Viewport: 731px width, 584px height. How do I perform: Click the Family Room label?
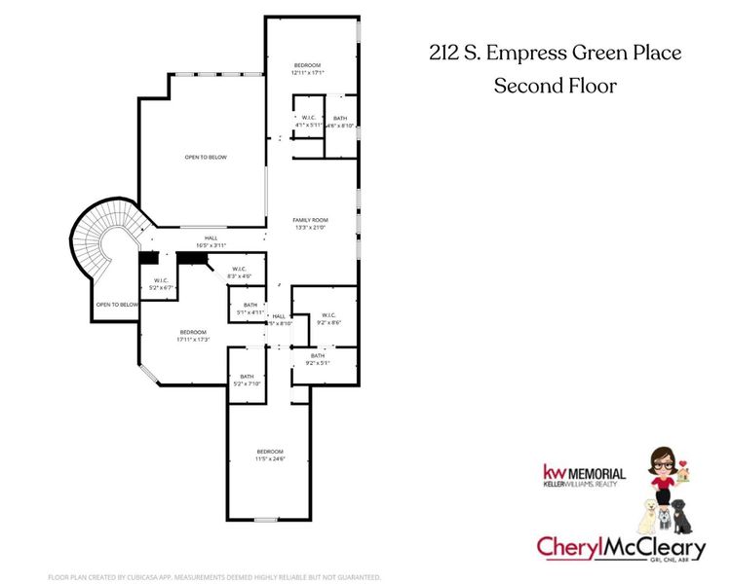310,220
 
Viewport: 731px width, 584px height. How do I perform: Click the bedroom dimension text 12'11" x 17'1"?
307,72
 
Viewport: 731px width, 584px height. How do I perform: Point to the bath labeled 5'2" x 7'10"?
247,380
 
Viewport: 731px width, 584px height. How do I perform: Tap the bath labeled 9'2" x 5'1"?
318,359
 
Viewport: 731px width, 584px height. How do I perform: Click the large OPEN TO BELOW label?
206,157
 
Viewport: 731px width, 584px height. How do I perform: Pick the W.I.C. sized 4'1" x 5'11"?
308,122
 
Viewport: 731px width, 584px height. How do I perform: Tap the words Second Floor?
555,86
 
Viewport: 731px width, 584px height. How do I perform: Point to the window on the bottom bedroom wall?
266,520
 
